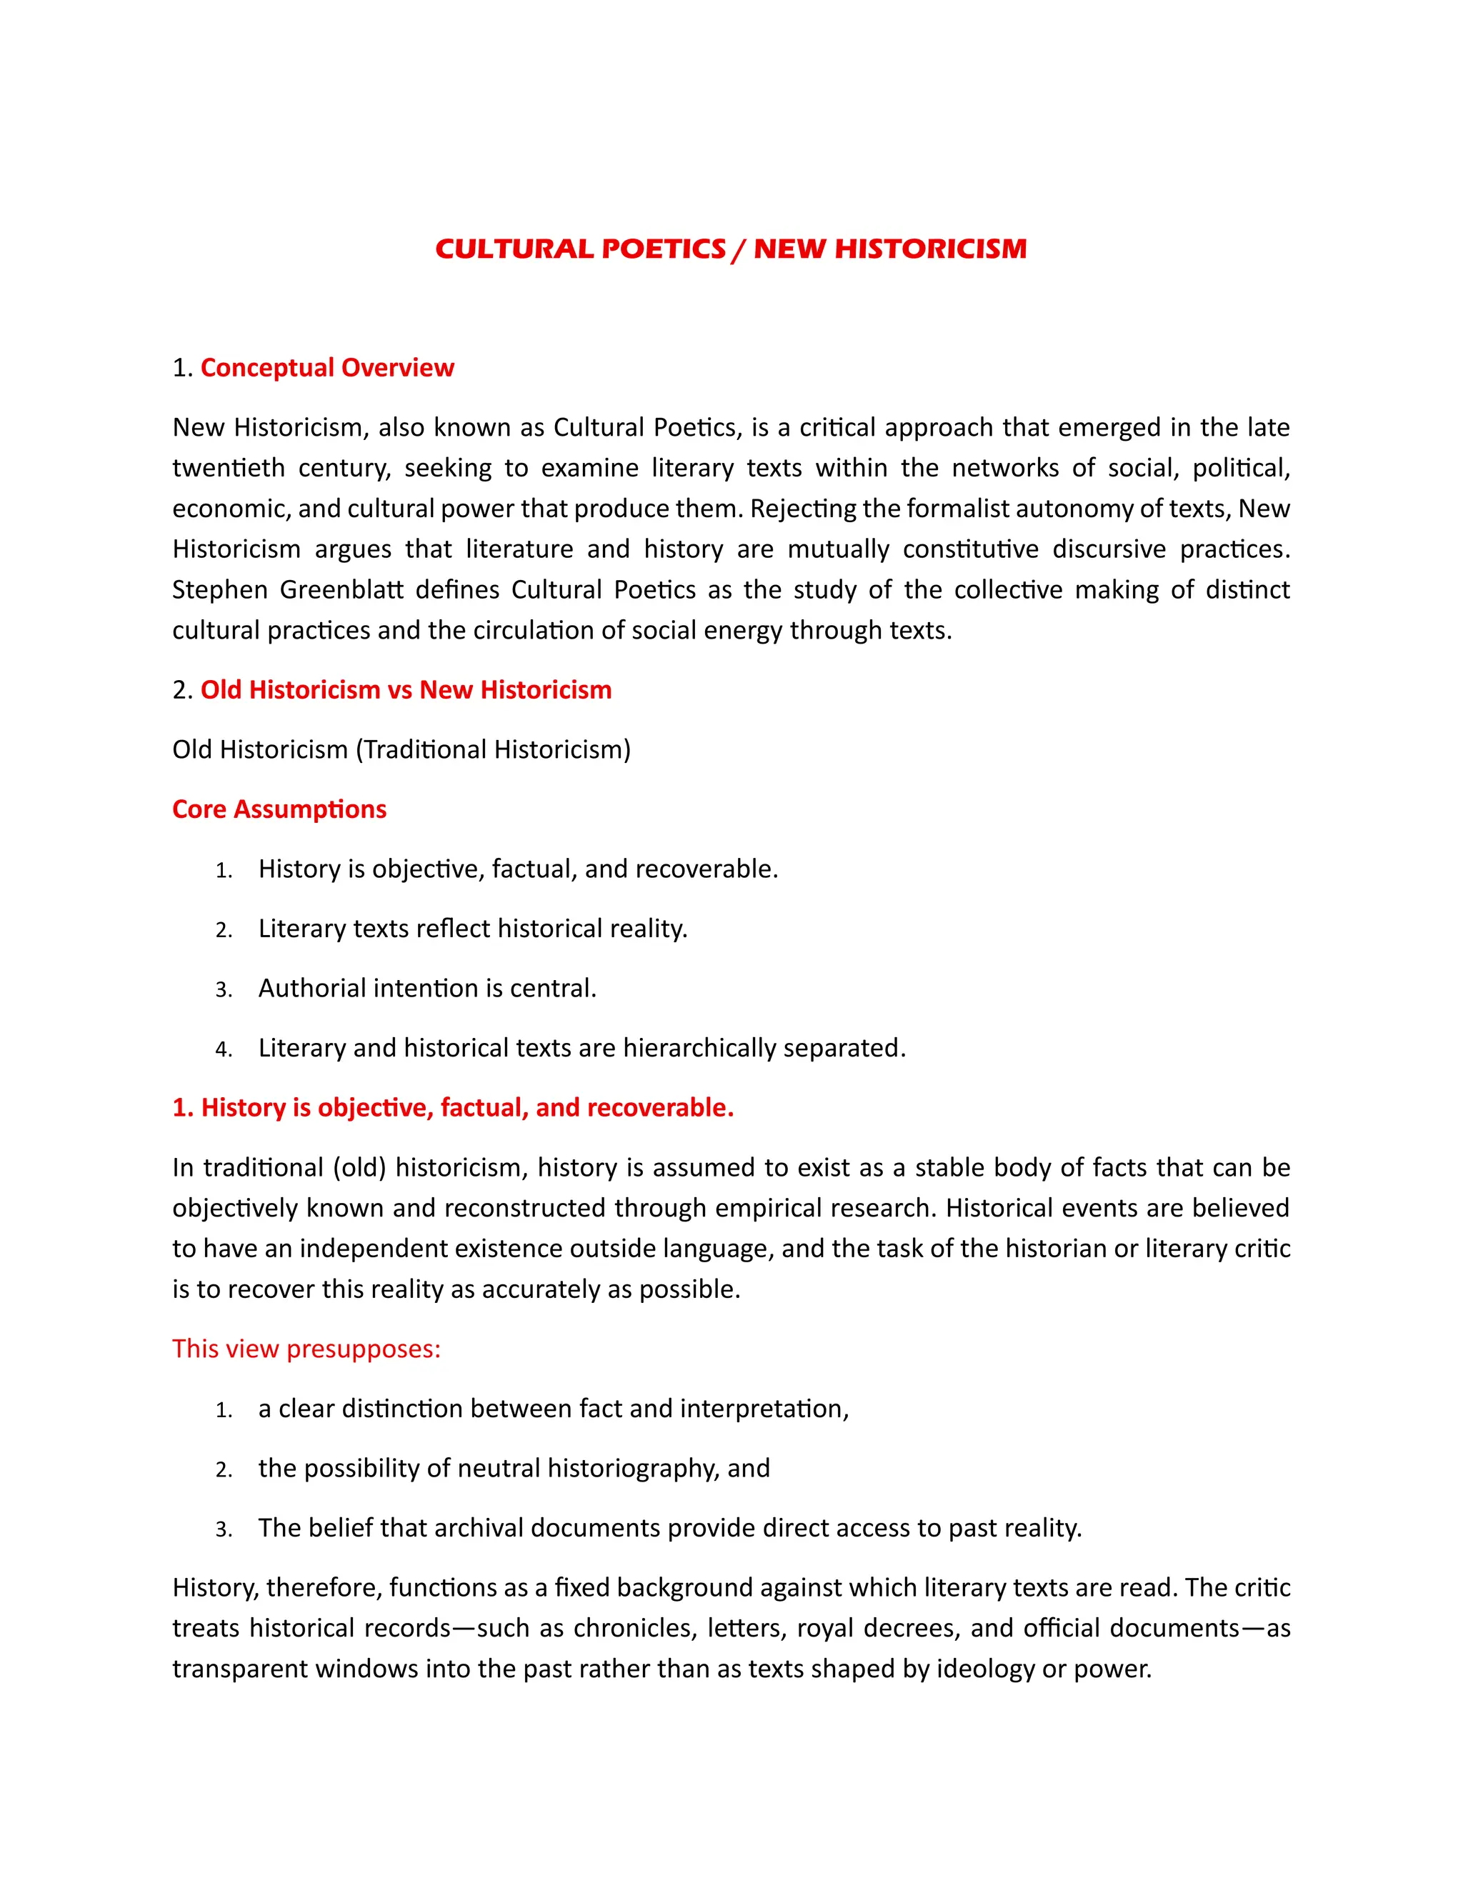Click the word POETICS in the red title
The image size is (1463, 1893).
coord(663,249)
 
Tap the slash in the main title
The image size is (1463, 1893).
coord(739,249)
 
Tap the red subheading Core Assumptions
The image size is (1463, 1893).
coord(279,809)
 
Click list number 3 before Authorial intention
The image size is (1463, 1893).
coord(224,990)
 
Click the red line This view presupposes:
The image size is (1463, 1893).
coord(306,1349)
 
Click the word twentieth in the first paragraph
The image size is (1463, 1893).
coord(229,468)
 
